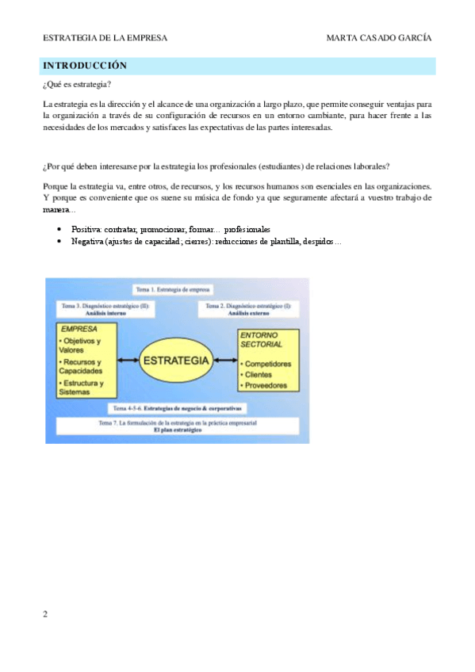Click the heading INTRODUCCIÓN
(x=85, y=65)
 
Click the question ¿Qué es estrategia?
(x=76, y=85)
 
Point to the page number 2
(x=45, y=613)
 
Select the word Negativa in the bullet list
(x=88, y=241)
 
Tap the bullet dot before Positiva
(x=60, y=228)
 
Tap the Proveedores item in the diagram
(x=267, y=385)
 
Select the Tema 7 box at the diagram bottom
(x=176, y=426)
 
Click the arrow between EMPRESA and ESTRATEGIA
(x=129, y=361)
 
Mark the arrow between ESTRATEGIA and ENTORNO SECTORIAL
(x=226, y=361)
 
